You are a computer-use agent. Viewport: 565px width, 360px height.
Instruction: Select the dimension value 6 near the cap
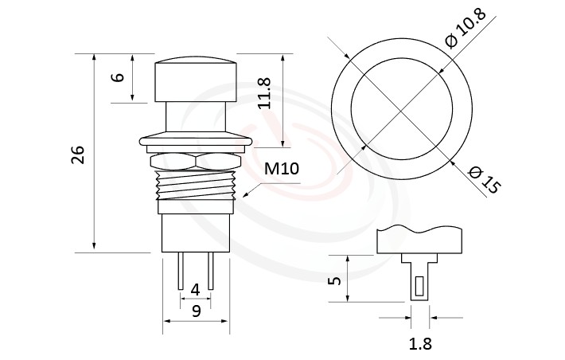[118, 78]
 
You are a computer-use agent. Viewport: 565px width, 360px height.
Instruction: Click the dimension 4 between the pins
[195, 290]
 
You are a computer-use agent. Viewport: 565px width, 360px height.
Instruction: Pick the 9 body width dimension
[195, 312]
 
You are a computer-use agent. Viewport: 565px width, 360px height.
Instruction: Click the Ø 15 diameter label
[483, 179]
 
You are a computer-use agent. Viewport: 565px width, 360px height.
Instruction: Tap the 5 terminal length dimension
[334, 280]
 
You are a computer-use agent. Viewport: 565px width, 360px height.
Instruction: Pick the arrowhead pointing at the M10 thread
[249, 194]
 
